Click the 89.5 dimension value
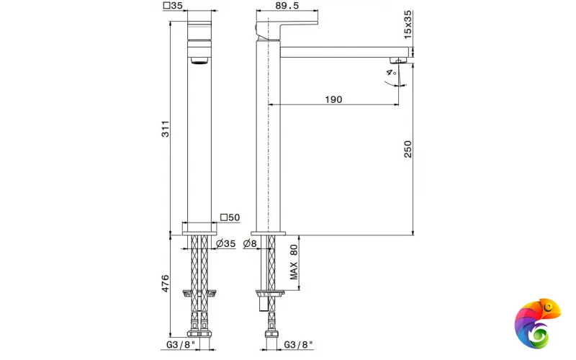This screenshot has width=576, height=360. pyautogui.click(x=287, y=6)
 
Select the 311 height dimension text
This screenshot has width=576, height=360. pyautogui.click(x=166, y=129)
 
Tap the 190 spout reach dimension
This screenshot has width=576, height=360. pyautogui.click(x=333, y=99)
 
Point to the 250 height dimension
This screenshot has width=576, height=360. pyautogui.click(x=408, y=149)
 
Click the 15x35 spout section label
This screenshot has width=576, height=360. pyautogui.click(x=408, y=24)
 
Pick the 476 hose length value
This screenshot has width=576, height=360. pyautogui.click(x=166, y=283)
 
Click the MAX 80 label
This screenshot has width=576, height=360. pyautogui.click(x=294, y=262)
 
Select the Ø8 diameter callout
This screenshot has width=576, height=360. pyautogui.click(x=250, y=243)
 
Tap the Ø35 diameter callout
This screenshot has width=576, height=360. pyautogui.click(x=225, y=243)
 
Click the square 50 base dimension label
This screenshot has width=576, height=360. pyautogui.click(x=230, y=217)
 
